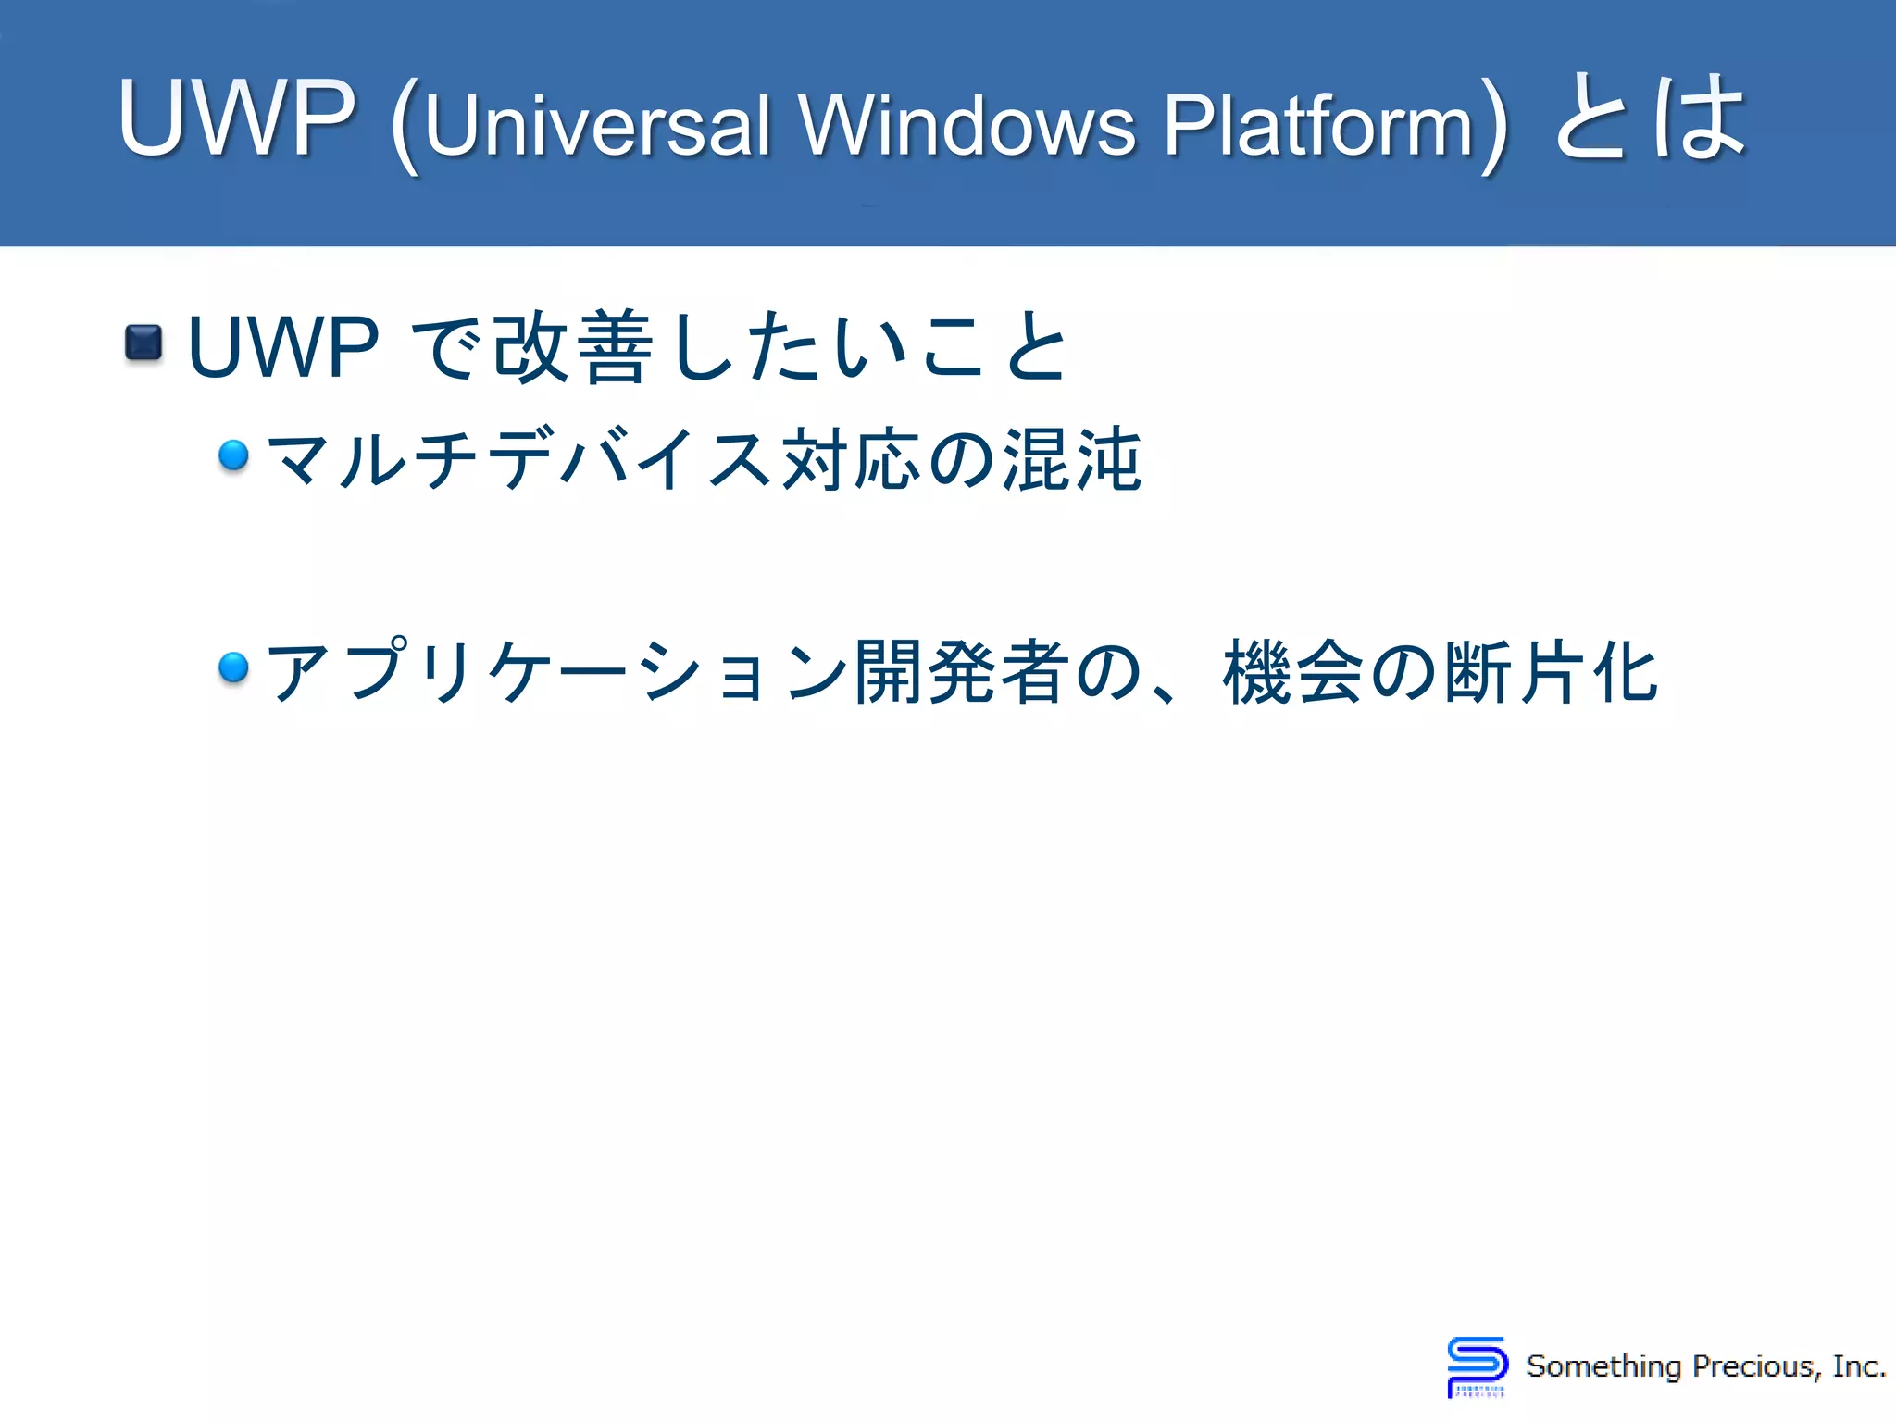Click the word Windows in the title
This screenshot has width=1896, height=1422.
[x=967, y=126]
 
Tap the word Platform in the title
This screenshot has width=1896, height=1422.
[x=1318, y=126]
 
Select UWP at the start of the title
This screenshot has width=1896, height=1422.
[x=237, y=118]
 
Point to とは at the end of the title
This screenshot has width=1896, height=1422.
[x=1650, y=118]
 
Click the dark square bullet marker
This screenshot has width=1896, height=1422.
[x=143, y=343]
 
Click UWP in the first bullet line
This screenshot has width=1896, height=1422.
[x=282, y=348]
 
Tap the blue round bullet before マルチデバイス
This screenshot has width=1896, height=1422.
[x=233, y=455]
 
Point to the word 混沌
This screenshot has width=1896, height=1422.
[x=1072, y=459]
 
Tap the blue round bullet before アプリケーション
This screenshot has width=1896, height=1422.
[x=233, y=667]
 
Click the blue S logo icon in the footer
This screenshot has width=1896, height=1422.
[x=1477, y=1366]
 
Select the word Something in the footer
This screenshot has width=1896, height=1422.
[x=1603, y=1366]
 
